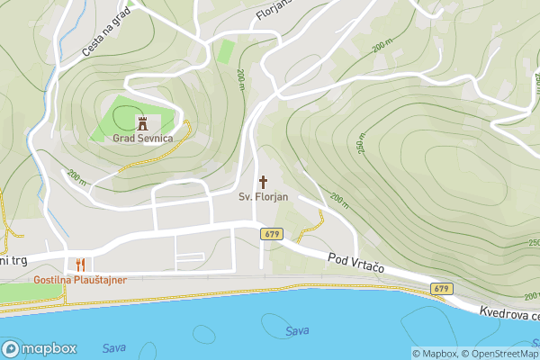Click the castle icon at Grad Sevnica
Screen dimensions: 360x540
[x=141, y=121]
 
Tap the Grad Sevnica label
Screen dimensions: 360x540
[x=142, y=139]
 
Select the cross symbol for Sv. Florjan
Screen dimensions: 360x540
[x=264, y=180]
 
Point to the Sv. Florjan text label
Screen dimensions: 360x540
[x=263, y=196]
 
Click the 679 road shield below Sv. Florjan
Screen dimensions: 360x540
[x=272, y=234]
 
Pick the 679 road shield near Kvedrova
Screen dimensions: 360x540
[x=440, y=289]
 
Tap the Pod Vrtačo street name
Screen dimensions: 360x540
[x=356, y=265]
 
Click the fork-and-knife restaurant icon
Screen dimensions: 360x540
[x=80, y=265]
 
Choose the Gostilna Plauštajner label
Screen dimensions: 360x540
[x=80, y=280]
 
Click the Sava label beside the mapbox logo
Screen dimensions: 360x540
[x=113, y=347]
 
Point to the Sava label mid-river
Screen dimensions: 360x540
[x=297, y=331]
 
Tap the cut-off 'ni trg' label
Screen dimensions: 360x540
[x=15, y=261]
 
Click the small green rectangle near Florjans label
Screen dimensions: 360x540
[x=225, y=50]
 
